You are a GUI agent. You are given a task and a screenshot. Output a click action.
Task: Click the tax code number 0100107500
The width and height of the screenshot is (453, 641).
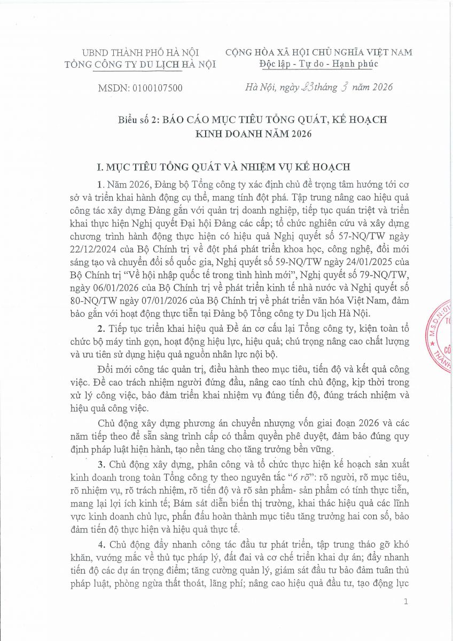155,88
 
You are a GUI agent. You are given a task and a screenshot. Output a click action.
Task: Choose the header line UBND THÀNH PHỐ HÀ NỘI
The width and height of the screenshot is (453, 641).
139,52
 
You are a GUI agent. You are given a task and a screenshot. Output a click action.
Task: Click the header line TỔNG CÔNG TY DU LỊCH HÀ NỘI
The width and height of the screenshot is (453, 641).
139,64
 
